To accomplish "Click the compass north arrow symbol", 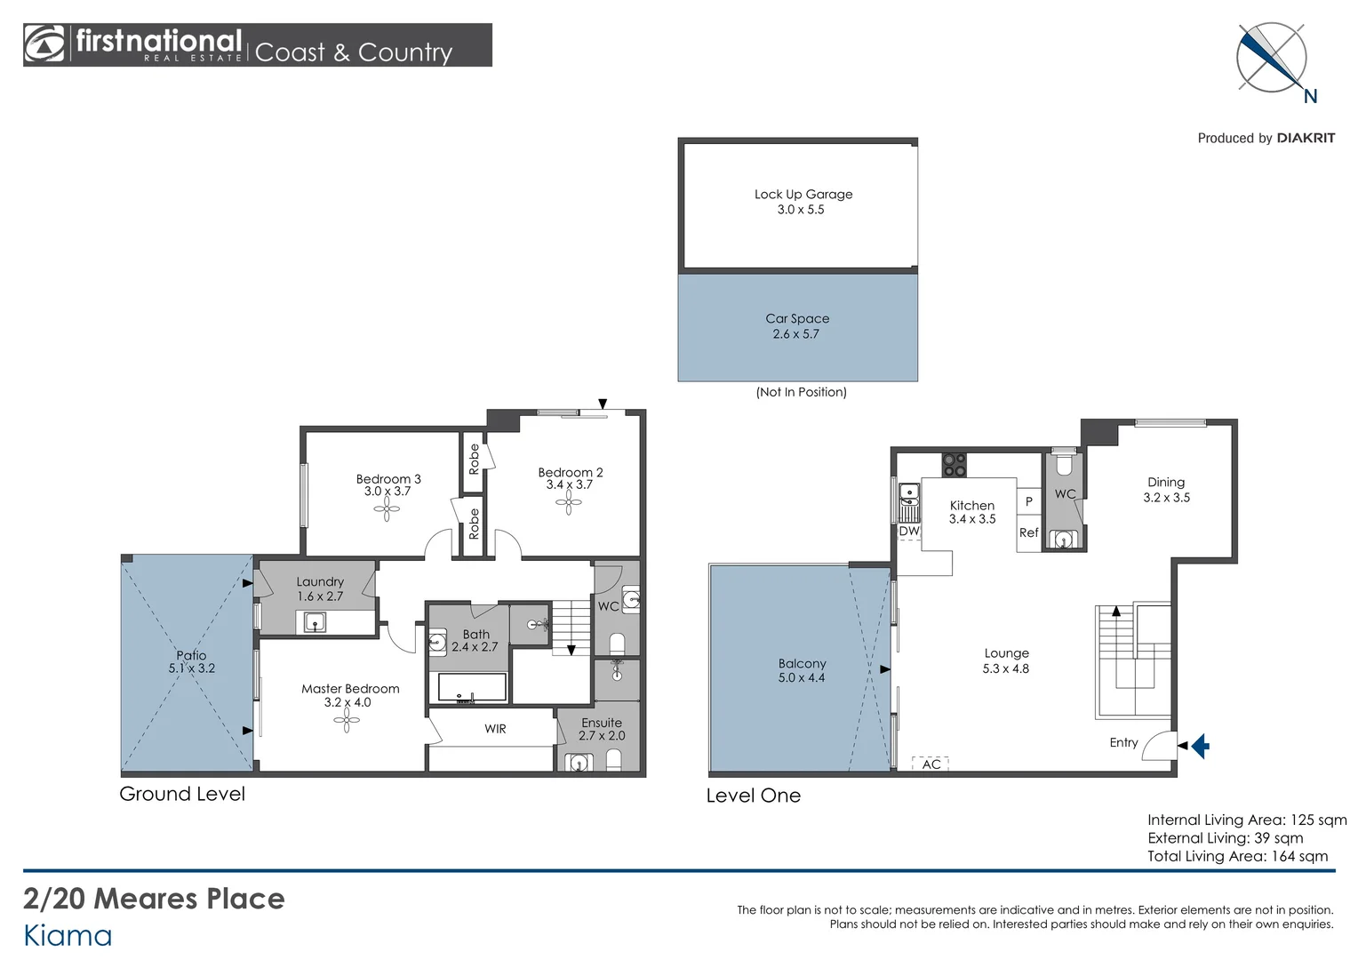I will click(x=1272, y=58).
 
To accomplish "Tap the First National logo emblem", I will click(x=44, y=44).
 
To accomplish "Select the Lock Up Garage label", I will click(x=803, y=194).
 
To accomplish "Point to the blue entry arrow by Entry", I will click(x=1200, y=745).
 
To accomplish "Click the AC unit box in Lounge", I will click(x=931, y=764).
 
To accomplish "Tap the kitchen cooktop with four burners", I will click(x=954, y=465).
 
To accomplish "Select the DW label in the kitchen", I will click(x=908, y=532).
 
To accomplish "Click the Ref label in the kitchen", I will click(x=1028, y=532).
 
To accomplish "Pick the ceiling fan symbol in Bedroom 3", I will click(x=387, y=509).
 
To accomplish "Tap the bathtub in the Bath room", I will click(x=472, y=687).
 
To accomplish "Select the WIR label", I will click(x=495, y=729).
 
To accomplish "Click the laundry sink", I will click(x=316, y=622).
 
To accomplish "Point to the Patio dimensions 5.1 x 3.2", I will click(x=192, y=668).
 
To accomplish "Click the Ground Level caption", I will click(x=182, y=794).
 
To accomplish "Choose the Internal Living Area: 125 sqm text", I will click(x=1246, y=820).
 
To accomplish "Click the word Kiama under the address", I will click(x=68, y=935).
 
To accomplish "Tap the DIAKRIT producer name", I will click(x=1305, y=138).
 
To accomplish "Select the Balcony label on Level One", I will click(x=802, y=663).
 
